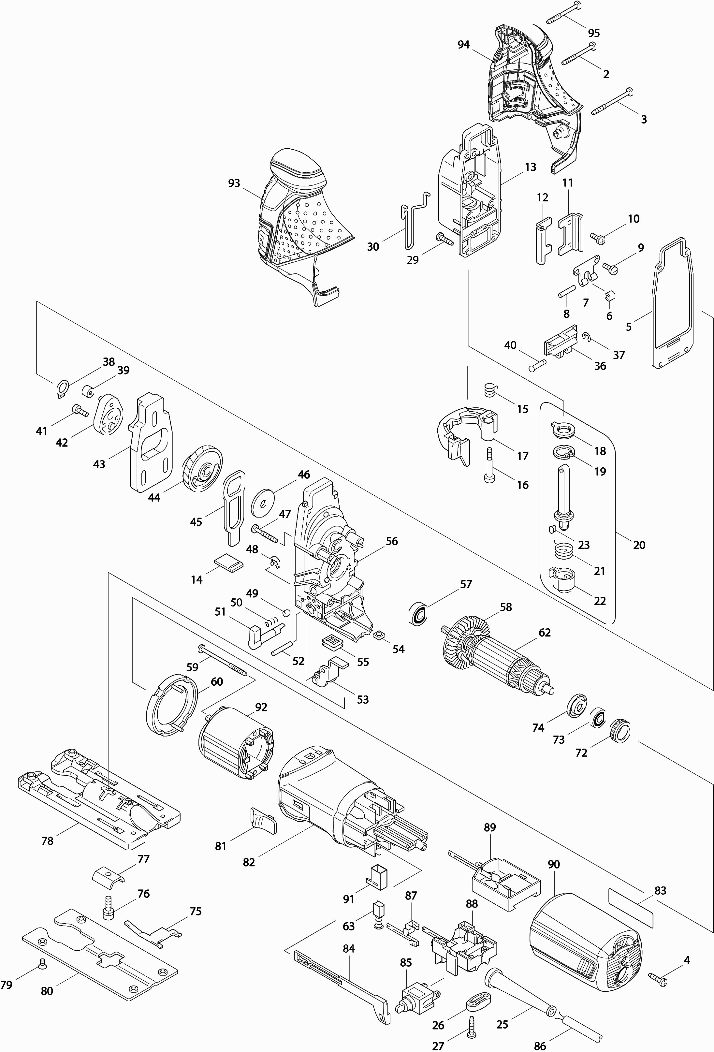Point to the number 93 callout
(234, 183)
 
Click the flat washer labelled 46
(264, 500)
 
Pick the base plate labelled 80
(100, 955)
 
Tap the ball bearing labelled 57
(418, 614)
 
